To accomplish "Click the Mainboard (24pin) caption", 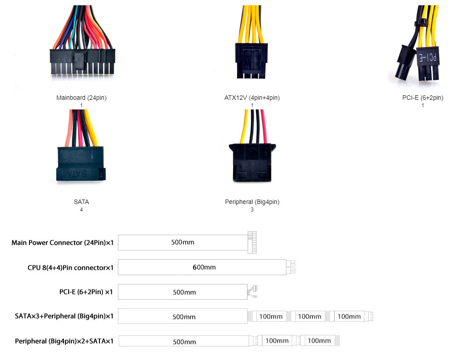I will pyautogui.click(x=81, y=98).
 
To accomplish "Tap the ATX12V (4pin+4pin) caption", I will pyautogui.click(x=252, y=98).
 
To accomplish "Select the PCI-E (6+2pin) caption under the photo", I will pyautogui.click(x=422, y=98).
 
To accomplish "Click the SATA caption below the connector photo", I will pyautogui.click(x=81, y=202).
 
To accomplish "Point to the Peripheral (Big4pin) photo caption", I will pyautogui.click(x=252, y=202).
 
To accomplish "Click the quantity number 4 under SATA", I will pyautogui.click(x=81, y=210).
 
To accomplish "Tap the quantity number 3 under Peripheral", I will pyautogui.click(x=252, y=210).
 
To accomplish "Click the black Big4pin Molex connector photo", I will pyautogui.click(x=252, y=163).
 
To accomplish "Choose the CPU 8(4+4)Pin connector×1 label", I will pyautogui.click(x=70, y=267).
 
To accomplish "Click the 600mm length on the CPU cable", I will pyautogui.click(x=204, y=267).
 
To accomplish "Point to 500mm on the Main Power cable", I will pyautogui.click(x=183, y=242).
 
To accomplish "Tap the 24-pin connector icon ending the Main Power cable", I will pyautogui.click(x=252, y=242).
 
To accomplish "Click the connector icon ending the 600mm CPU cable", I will pyautogui.click(x=291, y=267).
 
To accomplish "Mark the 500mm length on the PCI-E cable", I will pyautogui.click(x=184, y=292).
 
